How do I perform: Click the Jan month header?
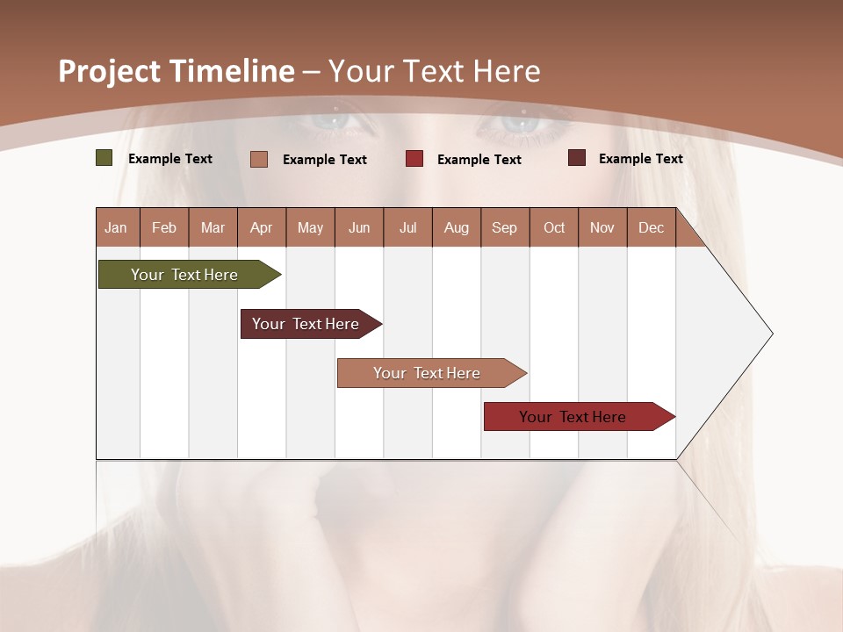click(117, 227)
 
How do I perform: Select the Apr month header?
click(262, 227)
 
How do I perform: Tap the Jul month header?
click(407, 227)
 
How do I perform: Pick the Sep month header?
click(505, 227)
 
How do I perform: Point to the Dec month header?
click(651, 227)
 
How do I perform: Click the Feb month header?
click(164, 227)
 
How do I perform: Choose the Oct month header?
click(554, 227)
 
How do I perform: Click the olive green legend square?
click(104, 158)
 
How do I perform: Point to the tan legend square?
click(259, 159)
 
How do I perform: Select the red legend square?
click(414, 159)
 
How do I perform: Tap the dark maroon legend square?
click(577, 158)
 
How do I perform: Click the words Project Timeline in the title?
click(177, 71)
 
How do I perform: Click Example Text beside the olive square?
click(170, 159)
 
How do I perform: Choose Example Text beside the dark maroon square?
click(641, 159)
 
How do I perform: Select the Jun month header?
click(359, 227)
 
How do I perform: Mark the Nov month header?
click(602, 227)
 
